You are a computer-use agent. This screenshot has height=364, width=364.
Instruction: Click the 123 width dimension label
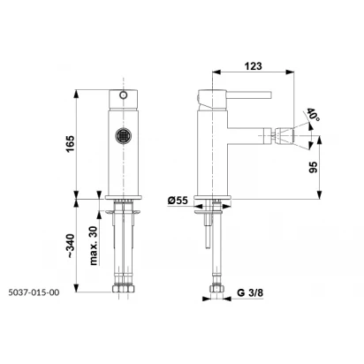(x=253, y=65)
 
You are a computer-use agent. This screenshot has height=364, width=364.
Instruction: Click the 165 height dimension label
(x=70, y=144)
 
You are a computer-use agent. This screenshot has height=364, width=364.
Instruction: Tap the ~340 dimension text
(x=70, y=246)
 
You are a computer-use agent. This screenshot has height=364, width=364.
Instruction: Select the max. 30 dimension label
(x=93, y=246)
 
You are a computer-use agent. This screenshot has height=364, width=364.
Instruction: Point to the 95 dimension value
(x=314, y=167)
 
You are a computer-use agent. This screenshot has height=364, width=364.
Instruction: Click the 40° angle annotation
(x=313, y=114)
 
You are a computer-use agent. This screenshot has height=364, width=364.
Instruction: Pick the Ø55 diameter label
(x=178, y=201)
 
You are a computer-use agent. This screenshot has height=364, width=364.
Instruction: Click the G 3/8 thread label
(x=250, y=292)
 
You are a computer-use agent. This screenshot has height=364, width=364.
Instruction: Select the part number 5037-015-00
(x=34, y=292)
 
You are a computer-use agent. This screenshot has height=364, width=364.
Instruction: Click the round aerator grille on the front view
(x=123, y=135)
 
